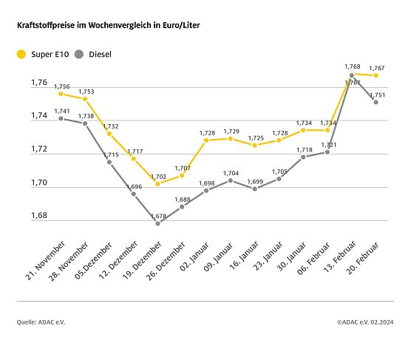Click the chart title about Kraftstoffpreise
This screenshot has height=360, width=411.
coord(109,25)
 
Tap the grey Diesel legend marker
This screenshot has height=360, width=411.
coord(80,54)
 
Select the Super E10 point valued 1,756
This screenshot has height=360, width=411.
coord(61,94)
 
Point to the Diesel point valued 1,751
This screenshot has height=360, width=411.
coord(376,102)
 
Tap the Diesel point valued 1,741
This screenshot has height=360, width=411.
coord(61,118)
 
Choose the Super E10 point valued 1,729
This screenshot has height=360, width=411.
coord(231,138)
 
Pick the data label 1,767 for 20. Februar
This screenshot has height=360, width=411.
coord(376,68)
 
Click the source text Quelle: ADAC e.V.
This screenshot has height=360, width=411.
coord(41,322)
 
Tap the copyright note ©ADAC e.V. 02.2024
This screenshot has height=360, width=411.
coord(365,322)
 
